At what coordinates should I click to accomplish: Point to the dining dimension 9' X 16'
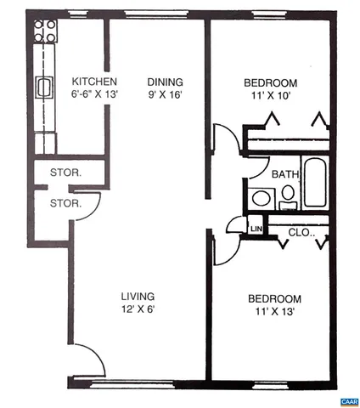[x=163, y=94]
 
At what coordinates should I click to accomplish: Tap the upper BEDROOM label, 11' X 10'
[x=270, y=82]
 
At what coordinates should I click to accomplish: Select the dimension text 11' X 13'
[x=274, y=312]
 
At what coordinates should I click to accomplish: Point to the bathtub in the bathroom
[x=314, y=184]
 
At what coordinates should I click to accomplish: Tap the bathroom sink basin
[x=262, y=199]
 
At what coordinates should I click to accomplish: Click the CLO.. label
[x=301, y=231]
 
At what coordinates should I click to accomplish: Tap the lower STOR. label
[x=65, y=203]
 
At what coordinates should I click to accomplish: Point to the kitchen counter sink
[x=44, y=87]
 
